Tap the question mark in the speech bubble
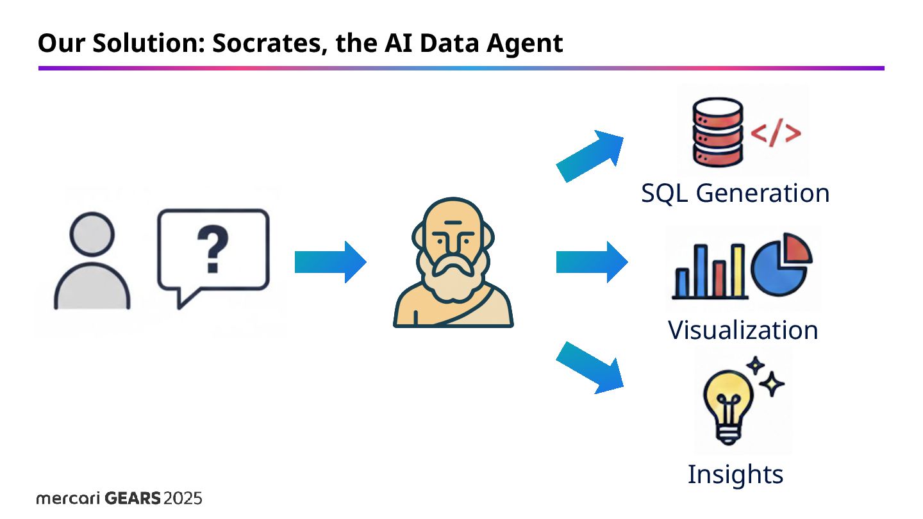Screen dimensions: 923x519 pyautogui.click(x=213, y=252)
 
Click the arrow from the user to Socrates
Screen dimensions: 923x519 pyautogui.click(x=330, y=262)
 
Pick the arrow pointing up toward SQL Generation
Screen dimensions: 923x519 pyautogui.click(x=590, y=155)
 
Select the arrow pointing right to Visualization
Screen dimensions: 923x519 pyautogui.click(x=592, y=262)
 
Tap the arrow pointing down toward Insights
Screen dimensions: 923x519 pyautogui.click(x=590, y=368)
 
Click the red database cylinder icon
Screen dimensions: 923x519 pyautogui.click(x=717, y=131)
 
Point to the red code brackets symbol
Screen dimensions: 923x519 pyautogui.click(x=776, y=133)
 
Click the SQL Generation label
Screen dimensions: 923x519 pyautogui.click(x=735, y=193)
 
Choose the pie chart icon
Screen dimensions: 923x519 pyautogui.click(x=781, y=263)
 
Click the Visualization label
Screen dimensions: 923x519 pyautogui.click(x=743, y=331)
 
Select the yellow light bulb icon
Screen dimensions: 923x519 pyautogui.click(x=727, y=404)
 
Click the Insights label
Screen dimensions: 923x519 pyautogui.click(x=735, y=475)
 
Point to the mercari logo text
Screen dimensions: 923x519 pyautogui.click(x=67, y=498)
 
